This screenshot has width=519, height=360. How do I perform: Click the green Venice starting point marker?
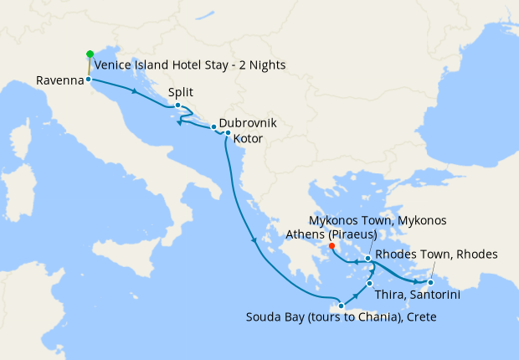[x=90, y=54]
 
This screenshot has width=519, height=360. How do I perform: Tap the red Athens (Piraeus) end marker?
[x=332, y=246]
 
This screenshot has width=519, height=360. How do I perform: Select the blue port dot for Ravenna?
[x=88, y=80]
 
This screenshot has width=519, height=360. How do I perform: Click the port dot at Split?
[x=177, y=105]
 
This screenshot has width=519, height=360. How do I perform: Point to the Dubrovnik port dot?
[x=213, y=127]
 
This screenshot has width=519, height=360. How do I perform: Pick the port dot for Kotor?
[x=228, y=133]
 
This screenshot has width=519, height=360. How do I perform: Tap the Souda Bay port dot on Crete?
[x=341, y=306]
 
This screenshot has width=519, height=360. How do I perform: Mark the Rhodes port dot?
[x=430, y=282]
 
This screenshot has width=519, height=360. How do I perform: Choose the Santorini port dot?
[x=369, y=284]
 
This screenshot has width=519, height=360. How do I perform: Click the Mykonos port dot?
[x=368, y=259]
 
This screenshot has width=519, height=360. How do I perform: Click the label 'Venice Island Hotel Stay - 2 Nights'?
[x=190, y=65]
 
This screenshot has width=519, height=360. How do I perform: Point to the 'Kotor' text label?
[x=250, y=136]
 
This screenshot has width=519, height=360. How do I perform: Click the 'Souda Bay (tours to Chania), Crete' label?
[x=341, y=318]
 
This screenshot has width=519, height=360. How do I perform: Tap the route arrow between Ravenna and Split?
[x=133, y=90]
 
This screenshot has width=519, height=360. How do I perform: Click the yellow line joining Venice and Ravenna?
[x=89, y=67]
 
